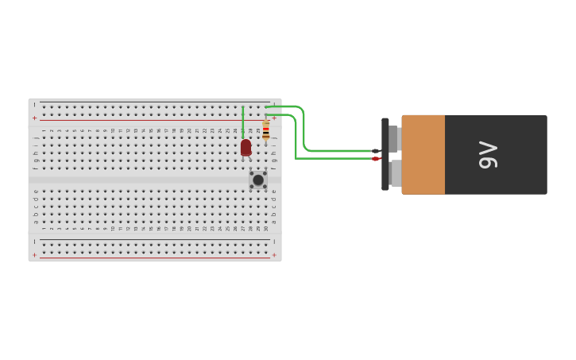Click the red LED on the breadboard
[245, 148]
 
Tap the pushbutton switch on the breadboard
[258, 180]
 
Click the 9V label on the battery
[488, 155]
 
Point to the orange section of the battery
[423, 155]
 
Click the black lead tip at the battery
[376, 151]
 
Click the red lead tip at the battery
[376, 159]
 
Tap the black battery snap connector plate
[385, 154]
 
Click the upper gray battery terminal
[394, 138]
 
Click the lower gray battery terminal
[395, 173]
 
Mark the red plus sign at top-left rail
[34, 118]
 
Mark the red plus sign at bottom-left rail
[34, 255]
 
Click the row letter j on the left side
[35, 137]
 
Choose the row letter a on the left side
[35, 221]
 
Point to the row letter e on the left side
[35, 191]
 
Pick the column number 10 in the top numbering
[113, 130]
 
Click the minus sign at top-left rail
[34, 105]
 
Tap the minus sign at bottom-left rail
[34, 242]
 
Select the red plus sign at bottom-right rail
[274, 255]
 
